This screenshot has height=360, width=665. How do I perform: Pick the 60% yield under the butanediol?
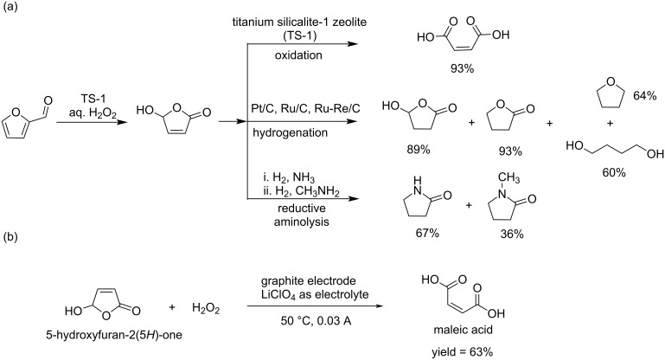pyautogui.click(x=608, y=170)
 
